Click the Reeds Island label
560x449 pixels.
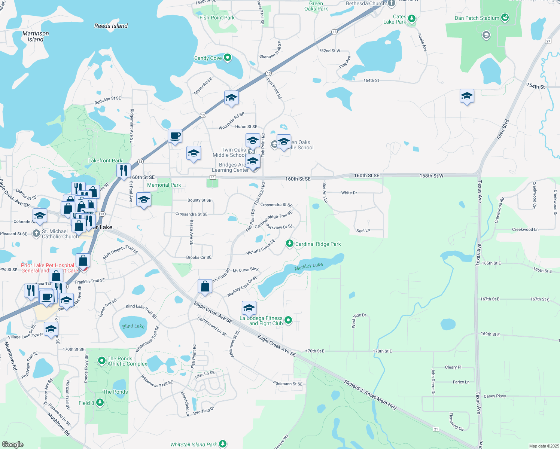[x=111, y=26]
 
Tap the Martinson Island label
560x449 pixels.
[x=36, y=36]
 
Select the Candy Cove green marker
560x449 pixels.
[x=227, y=58]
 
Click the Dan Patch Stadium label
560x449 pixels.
[x=477, y=18]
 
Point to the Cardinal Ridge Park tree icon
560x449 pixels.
[x=289, y=244]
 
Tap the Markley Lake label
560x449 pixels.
[x=308, y=266]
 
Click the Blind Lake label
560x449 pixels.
[x=133, y=326]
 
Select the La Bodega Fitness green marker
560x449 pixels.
[x=288, y=320]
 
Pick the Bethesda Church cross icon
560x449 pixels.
[x=392, y=4]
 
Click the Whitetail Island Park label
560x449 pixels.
[x=194, y=445]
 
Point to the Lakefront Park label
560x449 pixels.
[x=105, y=161]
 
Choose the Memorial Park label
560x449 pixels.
[x=164, y=185]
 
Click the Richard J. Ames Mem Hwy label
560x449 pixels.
[x=371, y=395]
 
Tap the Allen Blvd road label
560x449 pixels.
[x=503, y=129]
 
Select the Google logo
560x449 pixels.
[x=13, y=445]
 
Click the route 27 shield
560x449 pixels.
[x=548, y=41]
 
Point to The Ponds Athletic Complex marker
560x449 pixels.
[x=101, y=361]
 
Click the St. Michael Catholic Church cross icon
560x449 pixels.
[x=36, y=234]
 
